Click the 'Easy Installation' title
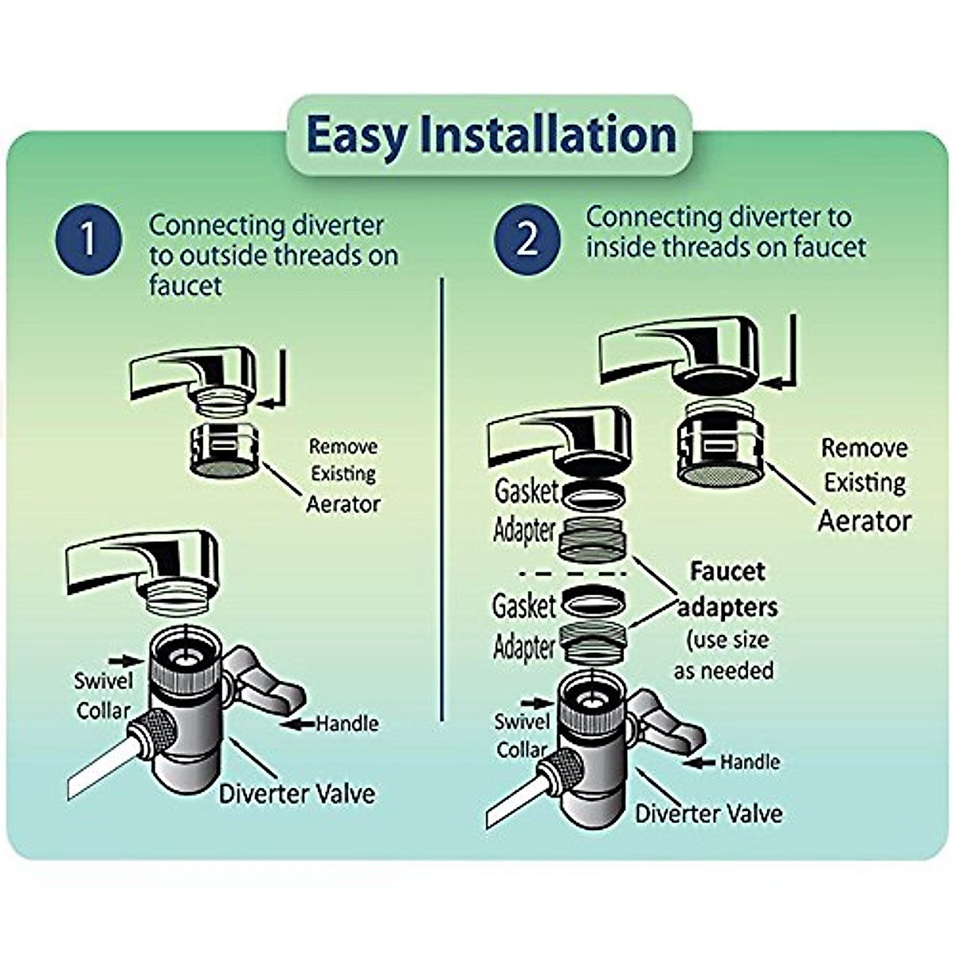(x=489, y=135)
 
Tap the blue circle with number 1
(x=89, y=238)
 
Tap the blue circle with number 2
(x=527, y=238)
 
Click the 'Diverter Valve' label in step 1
(x=296, y=793)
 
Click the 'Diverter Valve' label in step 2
(x=708, y=813)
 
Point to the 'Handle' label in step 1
(x=347, y=723)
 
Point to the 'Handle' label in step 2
(x=749, y=762)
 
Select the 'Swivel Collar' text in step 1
(x=103, y=695)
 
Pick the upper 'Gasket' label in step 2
(x=526, y=492)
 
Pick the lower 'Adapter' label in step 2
(x=523, y=647)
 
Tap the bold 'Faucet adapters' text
(x=727, y=589)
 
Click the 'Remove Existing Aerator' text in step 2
(x=864, y=484)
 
